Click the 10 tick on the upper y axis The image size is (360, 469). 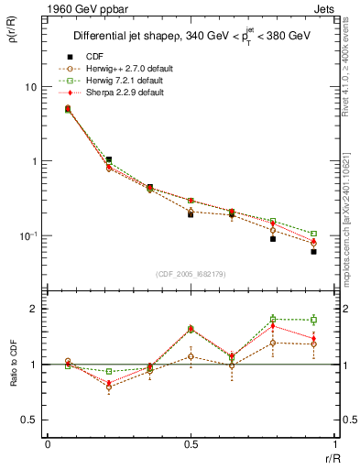pos(32,87)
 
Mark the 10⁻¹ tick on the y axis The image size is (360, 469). pos(30,236)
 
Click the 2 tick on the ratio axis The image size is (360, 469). pos(37,309)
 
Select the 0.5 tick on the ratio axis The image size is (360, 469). pos(33,420)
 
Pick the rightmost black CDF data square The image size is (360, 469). pos(313,251)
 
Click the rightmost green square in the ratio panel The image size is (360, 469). pos(313,320)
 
